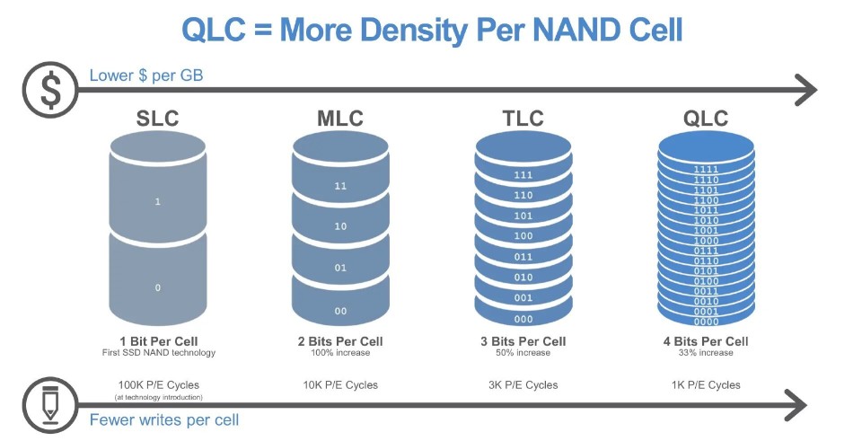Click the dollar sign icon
[50, 89]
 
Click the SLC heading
[158, 119]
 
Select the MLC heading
[340, 119]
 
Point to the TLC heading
[523, 119]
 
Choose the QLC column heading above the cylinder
[705, 119]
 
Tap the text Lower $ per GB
[146, 75]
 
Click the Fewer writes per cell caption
[164, 419]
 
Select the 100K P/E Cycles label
[158, 384]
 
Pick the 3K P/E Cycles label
[523, 384]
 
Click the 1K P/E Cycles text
[705, 384]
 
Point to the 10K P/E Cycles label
[340, 384]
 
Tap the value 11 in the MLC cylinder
[340, 187]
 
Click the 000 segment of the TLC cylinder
[523, 319]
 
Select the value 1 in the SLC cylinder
[158, 202]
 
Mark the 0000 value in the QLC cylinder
[706, 322]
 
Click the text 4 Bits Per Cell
[705, 341]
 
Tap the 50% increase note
[523, 353]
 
